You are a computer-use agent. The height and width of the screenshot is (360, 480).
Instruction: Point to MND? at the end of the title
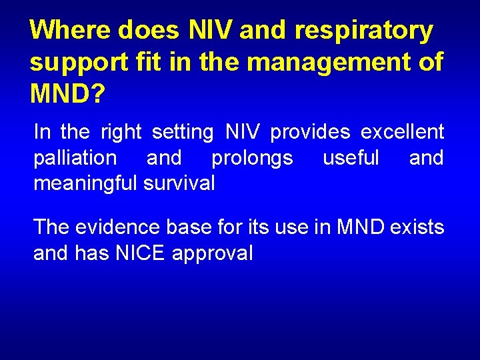pyautogui.click(x=67, y=94)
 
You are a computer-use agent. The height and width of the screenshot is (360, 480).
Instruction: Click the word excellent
pyautogui.click(x=402, y=132)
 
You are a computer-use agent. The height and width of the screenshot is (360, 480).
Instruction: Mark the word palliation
pyautogui.click(x=75, y=158)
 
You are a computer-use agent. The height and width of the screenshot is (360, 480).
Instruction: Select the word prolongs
pyautogui.click(x=251, y=158)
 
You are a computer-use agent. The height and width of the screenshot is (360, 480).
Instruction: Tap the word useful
pyautogui.click(x=351, y=158)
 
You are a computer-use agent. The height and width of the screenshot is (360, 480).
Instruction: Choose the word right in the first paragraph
pyautogui.click(x=121, y=133)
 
